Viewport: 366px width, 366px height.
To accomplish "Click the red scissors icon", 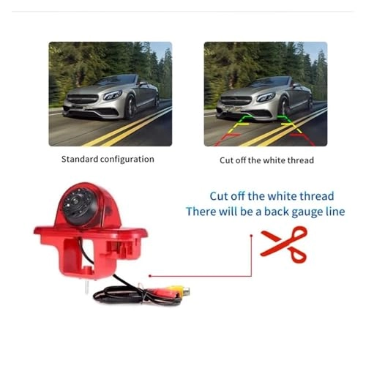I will (285, 244).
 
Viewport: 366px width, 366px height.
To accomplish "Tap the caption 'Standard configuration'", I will (107, 159).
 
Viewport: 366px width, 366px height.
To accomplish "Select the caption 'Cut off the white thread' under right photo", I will (266, 160).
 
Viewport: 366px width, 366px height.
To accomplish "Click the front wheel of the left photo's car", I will (130, 110).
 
